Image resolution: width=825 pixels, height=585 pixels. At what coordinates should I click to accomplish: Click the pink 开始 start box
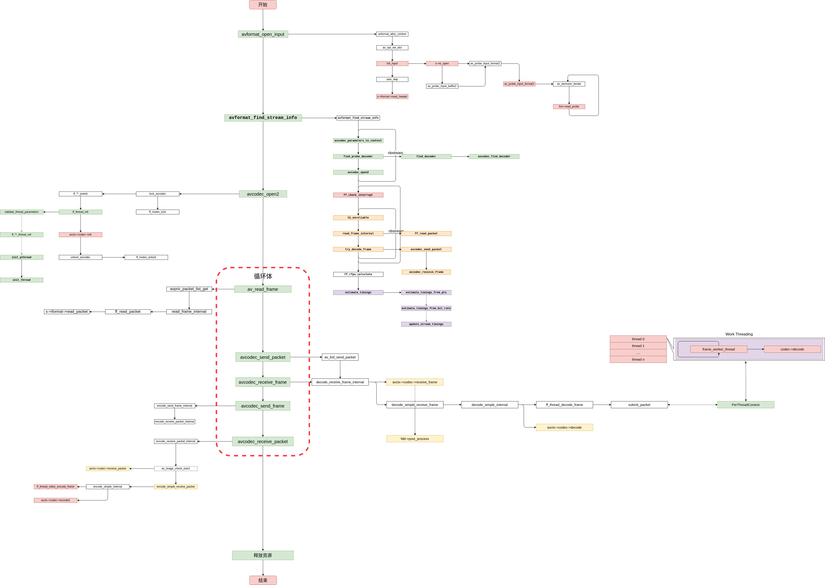(x=263, y=5)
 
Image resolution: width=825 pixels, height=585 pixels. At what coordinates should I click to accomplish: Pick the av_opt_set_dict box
(x=392, y=48)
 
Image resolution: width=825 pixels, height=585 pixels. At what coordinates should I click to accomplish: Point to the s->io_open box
(x=442, y=63)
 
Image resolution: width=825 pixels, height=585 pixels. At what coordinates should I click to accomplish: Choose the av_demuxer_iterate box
(x=569, y=84)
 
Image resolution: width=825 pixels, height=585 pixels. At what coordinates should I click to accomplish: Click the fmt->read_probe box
(x=569, y=107)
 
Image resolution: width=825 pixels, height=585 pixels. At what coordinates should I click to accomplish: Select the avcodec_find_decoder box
(x=494, y=156)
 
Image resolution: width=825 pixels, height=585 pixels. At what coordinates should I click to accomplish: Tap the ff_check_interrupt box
(x=358, y=195)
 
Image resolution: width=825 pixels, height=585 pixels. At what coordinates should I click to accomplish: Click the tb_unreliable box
(x=358, y=218)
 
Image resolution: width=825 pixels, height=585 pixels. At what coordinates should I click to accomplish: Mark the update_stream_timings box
(x=426, y=324)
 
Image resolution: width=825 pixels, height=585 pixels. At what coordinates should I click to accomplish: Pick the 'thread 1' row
(x=638, y=346)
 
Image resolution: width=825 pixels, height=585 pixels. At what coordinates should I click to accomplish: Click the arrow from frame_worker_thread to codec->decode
(x=755, y=349)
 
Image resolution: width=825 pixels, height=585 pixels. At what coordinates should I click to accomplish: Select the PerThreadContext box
(x=745, y=405)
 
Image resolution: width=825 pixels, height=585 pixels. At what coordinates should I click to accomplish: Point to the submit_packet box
(x=639, y=405)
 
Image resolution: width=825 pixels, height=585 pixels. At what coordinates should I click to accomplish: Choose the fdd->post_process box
(x=415, y=439)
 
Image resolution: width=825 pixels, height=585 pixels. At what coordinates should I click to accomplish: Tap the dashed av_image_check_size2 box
(x=175, y=469)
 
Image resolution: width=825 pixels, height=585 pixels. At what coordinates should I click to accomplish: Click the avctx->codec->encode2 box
(x=56, y=500)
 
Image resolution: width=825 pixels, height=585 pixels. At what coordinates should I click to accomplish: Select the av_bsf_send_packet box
(x=340, y=357)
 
